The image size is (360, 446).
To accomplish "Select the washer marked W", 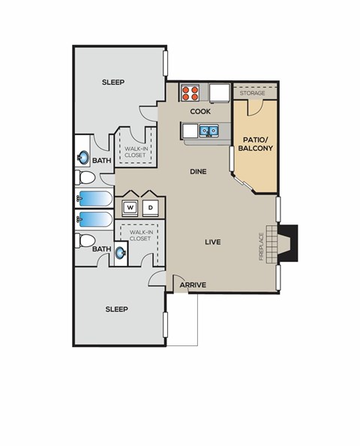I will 130,206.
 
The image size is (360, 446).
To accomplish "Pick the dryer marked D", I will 150,206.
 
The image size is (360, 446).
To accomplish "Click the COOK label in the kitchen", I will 199,111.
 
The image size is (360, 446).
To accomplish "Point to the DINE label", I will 198,171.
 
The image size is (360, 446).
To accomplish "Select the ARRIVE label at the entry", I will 193,285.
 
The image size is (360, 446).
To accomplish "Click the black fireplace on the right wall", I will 288,243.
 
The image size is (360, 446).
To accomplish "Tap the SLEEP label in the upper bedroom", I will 112,82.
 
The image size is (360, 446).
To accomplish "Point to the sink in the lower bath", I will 120,253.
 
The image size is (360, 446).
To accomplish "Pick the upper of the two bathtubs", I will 94,200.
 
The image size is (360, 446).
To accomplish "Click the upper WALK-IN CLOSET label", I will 136,152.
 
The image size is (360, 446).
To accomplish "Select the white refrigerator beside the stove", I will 218,92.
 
